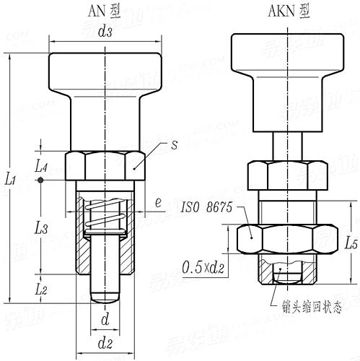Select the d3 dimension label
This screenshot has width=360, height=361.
coord(105,32)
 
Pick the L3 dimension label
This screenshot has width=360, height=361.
coord(42,229)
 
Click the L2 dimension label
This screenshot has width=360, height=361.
coord(42,289)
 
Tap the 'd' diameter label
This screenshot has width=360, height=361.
coord(105,318)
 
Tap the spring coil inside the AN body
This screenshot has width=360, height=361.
coord(105,217)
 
